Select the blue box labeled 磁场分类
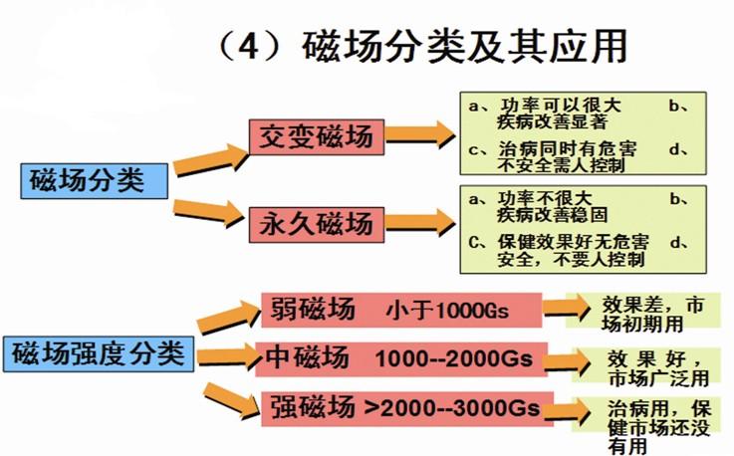pos(87,181)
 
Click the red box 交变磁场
pos(316,135)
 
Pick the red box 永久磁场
pos(316,221)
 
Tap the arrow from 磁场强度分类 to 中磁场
pos(223,356)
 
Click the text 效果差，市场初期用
pos(652,312)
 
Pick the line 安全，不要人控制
pos(558,258)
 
